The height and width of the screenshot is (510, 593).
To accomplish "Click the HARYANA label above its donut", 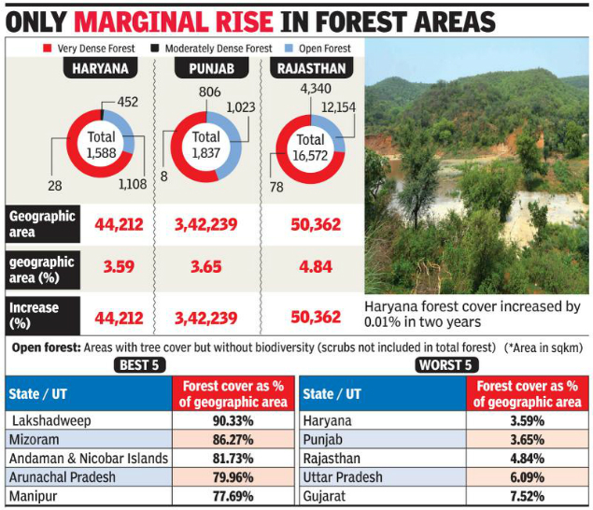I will point(101,67).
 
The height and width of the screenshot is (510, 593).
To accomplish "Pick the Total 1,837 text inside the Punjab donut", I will point(205,145).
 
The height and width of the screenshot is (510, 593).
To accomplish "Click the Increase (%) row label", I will point(35,316).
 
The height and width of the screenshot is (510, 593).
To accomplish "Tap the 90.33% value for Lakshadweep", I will point(231,421).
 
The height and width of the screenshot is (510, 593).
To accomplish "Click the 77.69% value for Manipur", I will point(231,495).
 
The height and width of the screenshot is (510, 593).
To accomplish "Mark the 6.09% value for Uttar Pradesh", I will point(525,476).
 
